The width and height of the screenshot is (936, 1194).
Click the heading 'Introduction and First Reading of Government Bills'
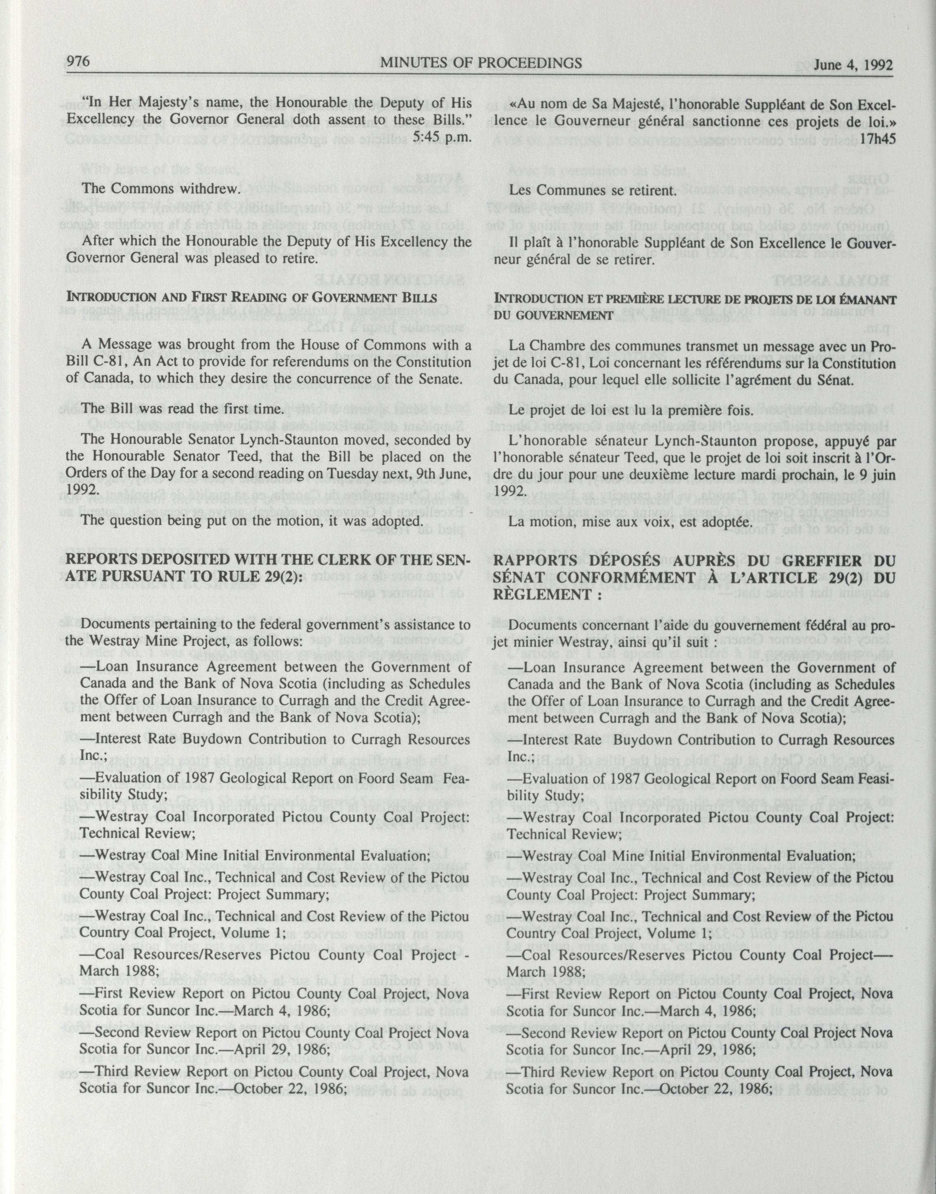251,298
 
